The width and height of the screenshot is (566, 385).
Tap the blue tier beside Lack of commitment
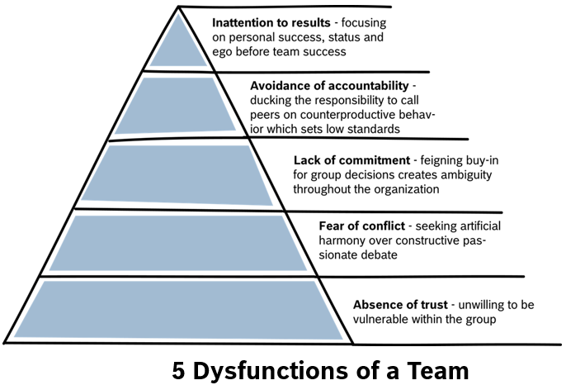(x=177, y=173)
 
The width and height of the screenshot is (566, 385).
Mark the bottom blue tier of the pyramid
(x=177, y=309)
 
